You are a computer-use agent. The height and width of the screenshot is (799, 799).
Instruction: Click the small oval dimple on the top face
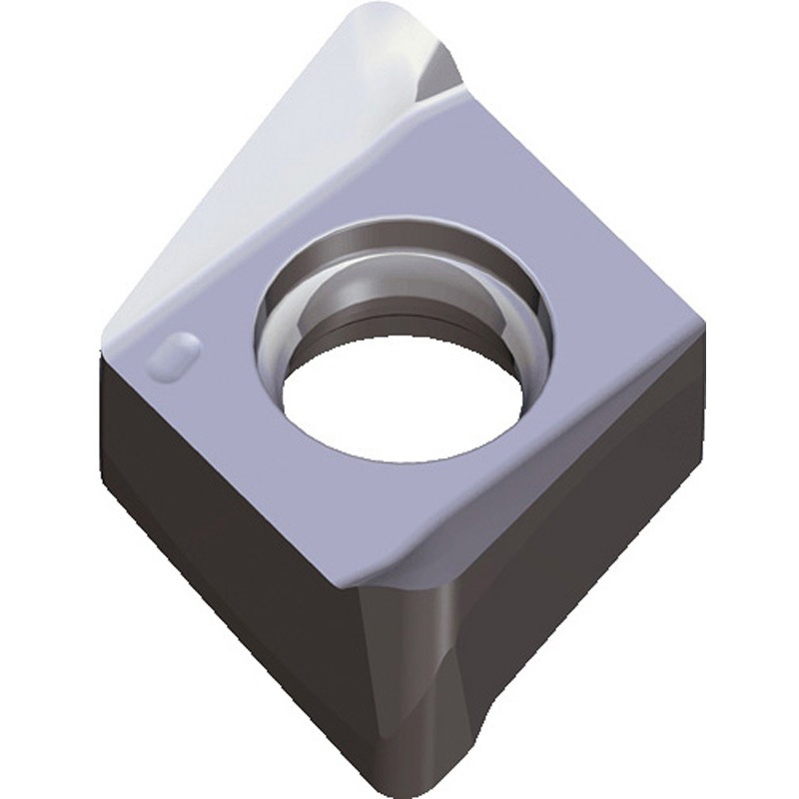click(x=176, y=355)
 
